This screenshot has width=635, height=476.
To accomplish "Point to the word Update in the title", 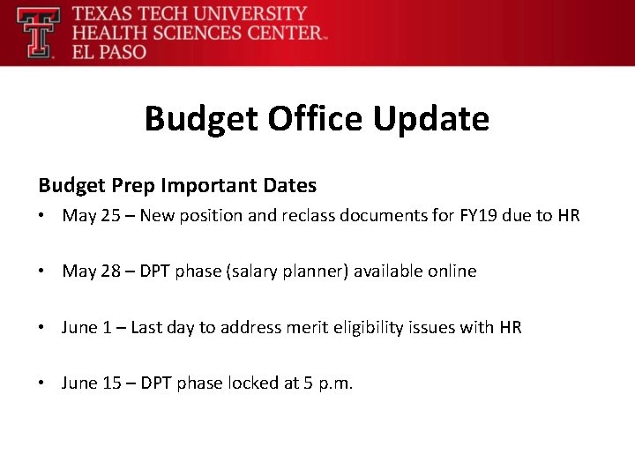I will click(x=431, y=118).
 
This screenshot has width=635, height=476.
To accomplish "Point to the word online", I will click(x=451, y=271).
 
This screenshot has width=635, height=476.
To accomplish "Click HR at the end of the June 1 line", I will click(x=511, y=328).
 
